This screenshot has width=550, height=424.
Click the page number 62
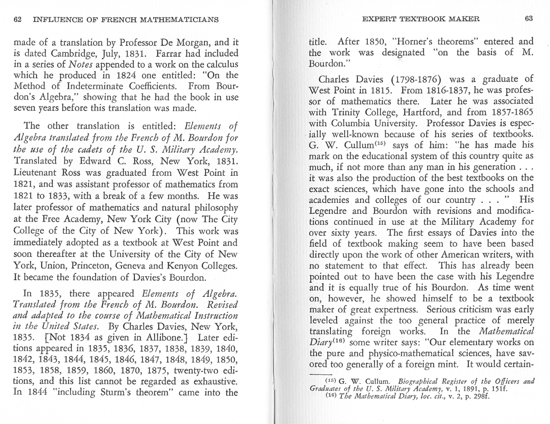pyautogui.click(x=18, y=19)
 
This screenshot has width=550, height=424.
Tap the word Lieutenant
pyautogui.click(x=36, y=173)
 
